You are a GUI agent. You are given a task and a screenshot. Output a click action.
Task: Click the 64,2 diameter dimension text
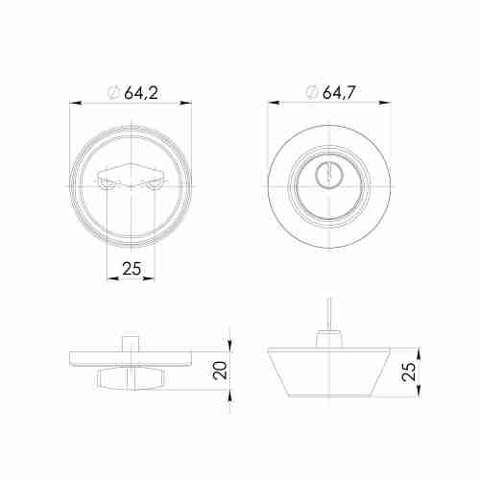point(140,93)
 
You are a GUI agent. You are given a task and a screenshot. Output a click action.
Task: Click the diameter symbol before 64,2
point(112,93)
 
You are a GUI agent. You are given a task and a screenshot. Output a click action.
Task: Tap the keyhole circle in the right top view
point(329,176)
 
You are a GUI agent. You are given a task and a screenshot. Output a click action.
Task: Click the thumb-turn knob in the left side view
point(132,381)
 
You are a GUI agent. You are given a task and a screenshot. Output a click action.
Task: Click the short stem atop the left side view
point(132,343)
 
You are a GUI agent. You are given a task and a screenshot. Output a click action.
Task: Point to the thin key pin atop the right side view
point(328,318)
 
